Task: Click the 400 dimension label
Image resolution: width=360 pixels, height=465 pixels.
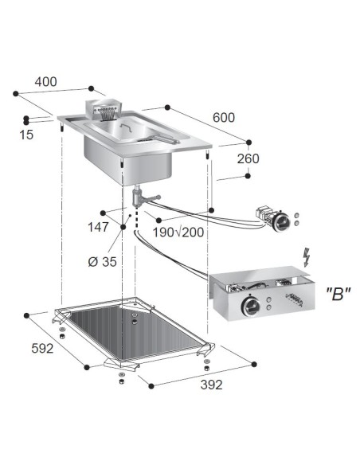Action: coord(46,81)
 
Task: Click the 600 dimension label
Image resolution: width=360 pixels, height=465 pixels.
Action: coord(223,118)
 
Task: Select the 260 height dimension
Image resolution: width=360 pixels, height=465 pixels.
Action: coord(248,159)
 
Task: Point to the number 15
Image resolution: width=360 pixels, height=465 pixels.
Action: coord(25,135)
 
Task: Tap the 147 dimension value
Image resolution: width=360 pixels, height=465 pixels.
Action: coord(99,227)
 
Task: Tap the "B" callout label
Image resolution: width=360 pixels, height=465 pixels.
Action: coord(339,292)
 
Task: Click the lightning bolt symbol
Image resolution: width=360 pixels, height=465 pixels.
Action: coord(306,257)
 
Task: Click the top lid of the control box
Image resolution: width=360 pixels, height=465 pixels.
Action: coord(263,279)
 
